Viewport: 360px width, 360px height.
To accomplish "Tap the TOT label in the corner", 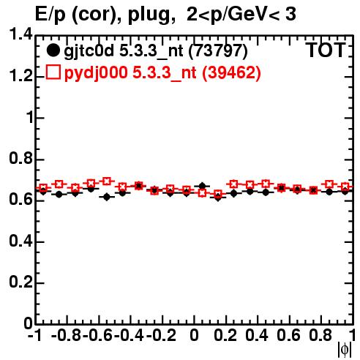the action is click(x=326, y=50).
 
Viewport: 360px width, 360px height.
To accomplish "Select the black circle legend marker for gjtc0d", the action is click(x=53, y=50).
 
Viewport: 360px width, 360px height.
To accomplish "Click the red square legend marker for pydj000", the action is click(x=53, y=72).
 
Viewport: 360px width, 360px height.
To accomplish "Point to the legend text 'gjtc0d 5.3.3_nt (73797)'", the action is click(x=156, y=51).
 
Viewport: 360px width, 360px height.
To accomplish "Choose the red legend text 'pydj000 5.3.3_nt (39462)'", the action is click(x=162, y=72).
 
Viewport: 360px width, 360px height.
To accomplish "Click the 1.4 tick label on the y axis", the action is click(x=21, y=34).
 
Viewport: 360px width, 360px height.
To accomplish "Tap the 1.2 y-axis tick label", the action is click(x=21, y=76).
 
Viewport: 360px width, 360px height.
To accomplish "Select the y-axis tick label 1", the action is click(x=30, y=117).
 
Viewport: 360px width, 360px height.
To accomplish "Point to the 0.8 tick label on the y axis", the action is click(x=21, y=158).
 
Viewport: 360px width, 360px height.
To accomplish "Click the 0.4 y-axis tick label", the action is click(x=21, y=241).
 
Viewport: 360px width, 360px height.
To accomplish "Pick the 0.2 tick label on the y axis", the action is click(x=21, y=282).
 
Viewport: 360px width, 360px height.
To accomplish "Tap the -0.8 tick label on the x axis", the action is click(x=67, y=335).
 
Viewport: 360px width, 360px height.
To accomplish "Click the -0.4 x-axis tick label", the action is click(x=129, y=335).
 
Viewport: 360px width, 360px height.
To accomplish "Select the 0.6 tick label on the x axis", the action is click(x=288, y=335).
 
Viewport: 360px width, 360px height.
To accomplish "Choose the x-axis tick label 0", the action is click(x=194, y=335).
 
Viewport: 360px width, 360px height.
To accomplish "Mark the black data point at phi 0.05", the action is click(x=202, y=186).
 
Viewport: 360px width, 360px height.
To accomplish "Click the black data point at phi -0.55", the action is click(x=107, y=197).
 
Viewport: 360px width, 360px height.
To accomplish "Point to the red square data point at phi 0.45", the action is click(x=266, y=184).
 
